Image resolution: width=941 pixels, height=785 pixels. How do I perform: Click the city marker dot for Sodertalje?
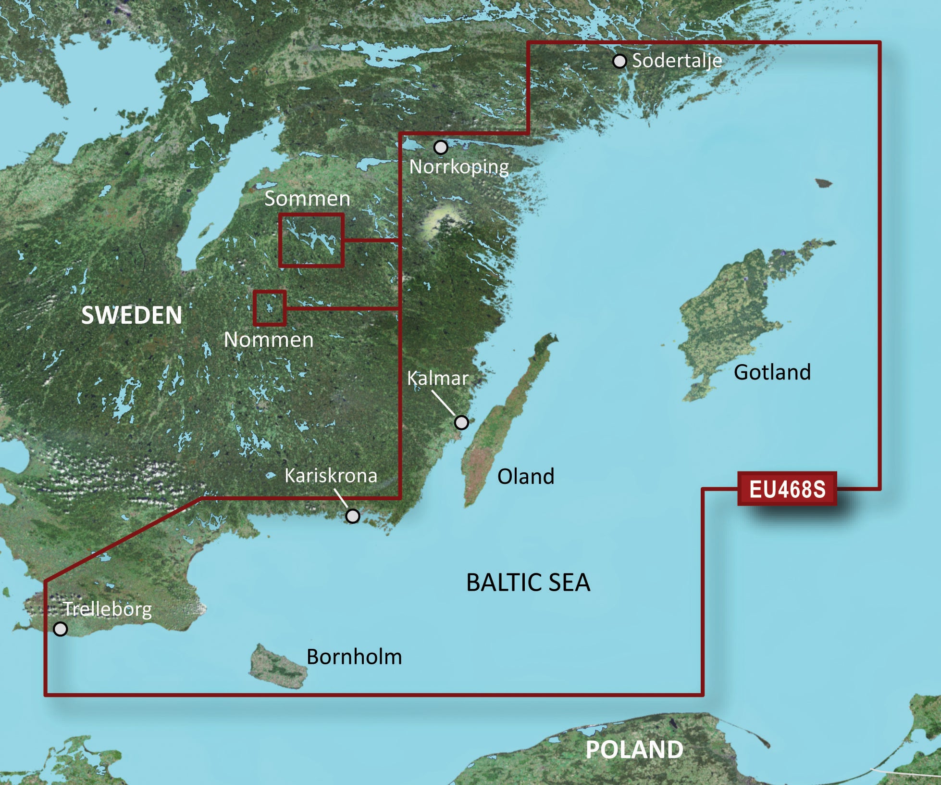[x=619, y=62]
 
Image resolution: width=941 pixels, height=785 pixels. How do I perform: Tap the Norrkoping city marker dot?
[x=440, y=147]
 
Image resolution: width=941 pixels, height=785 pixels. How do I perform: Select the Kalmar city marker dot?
[x=461, y=422]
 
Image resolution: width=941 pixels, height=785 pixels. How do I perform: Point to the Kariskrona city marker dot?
[x=352, y=516]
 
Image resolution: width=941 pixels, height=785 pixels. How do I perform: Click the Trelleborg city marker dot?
[x=60, y=629]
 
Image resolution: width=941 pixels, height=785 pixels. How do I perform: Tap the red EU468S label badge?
[x=787, y=489]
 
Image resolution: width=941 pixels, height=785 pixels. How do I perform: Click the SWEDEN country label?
[x=132, y=316]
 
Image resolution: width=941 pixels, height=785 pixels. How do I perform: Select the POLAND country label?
[x=634, y=749]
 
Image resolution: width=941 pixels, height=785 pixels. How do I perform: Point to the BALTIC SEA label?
[x=528, y=582]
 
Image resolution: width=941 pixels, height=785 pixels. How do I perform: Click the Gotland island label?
[x=772, y=372]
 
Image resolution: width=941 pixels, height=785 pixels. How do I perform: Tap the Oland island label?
[x=525, y=476]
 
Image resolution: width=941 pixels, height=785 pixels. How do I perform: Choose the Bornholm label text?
[x=354, y=657]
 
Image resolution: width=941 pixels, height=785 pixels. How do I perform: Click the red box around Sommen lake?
[x=311, y=240]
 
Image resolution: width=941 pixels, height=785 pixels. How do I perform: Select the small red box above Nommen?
[x=270, y=307]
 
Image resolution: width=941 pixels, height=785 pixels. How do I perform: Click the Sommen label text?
[x=307, y=199]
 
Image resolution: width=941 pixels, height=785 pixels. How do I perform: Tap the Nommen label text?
[x=269, y=340]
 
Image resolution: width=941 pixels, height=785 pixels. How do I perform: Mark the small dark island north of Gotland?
[x=823, y=183]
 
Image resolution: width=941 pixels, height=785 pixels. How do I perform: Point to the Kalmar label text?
[x=437, y=379]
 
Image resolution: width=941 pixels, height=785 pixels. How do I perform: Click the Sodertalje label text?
[x=677, y=61]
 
